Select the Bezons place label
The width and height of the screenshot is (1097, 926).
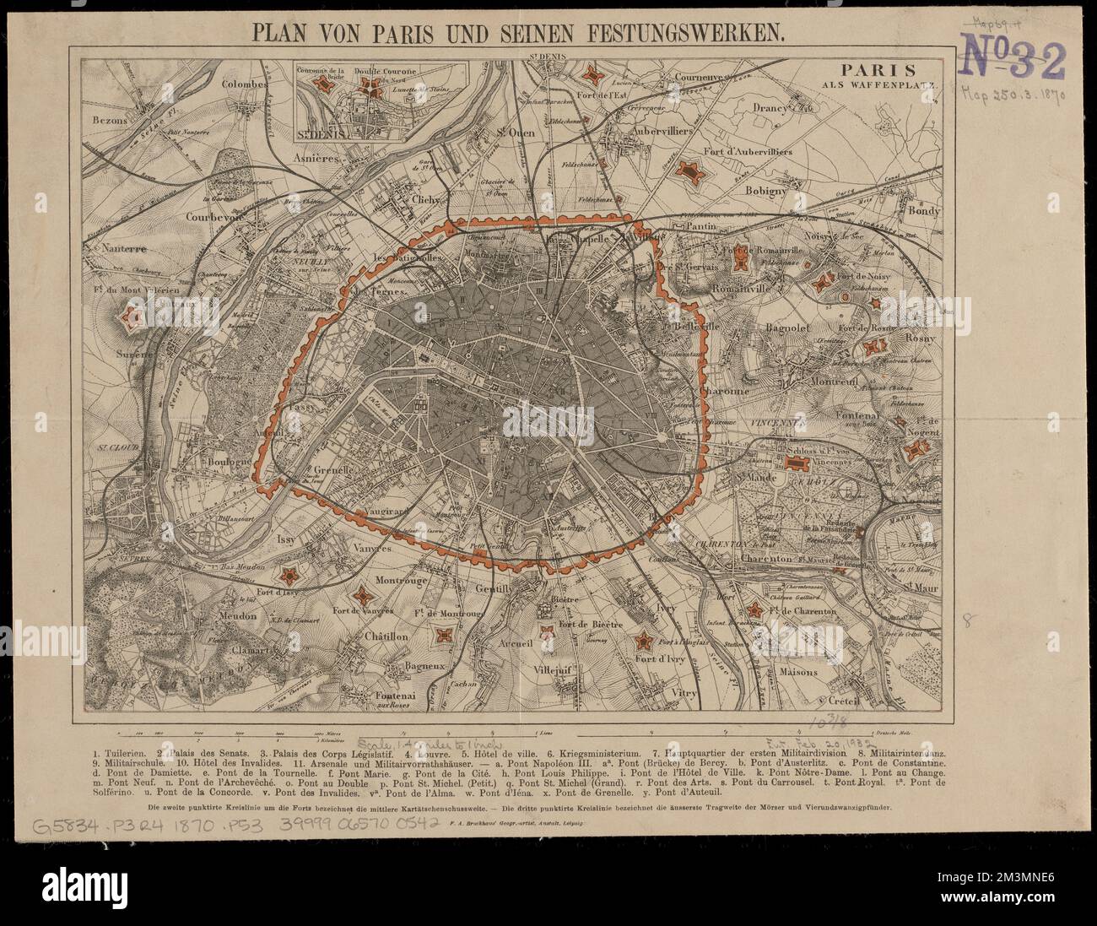tap(111, 121)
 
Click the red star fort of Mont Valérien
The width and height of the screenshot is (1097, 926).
tap(130, 318)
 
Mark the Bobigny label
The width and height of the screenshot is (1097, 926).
tap(765, 191)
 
